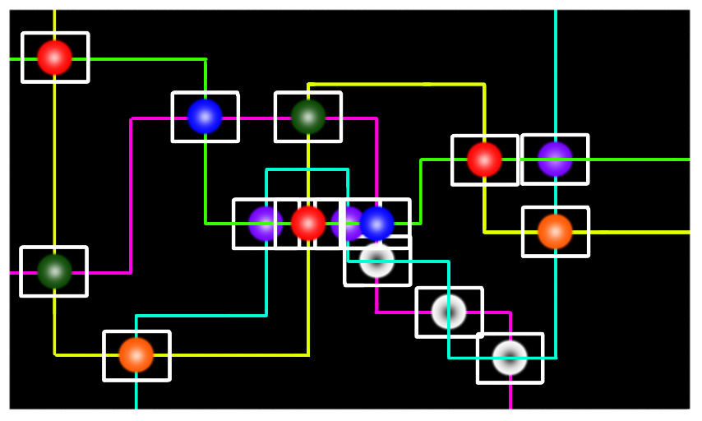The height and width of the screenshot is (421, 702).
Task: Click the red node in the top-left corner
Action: pos(54,58)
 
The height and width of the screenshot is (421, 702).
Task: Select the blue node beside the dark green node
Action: pos(205,117)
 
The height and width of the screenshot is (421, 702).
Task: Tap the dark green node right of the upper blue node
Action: pos(308,117)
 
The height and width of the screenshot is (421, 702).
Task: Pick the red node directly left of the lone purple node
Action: pos(484,160)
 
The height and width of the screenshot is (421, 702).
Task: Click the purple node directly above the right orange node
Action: pos(555,160)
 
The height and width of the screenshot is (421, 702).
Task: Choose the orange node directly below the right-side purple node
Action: pos(555,232)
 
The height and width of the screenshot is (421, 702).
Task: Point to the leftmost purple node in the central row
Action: pos(265,224)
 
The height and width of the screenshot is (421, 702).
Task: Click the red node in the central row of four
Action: pos(308,224)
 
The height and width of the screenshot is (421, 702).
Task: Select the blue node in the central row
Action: pos(377,224)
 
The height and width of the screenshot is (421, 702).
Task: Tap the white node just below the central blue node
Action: pos(377,261)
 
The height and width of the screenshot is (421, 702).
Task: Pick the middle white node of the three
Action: pos(449,312)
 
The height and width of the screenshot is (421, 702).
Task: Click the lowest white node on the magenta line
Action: pos(510,358)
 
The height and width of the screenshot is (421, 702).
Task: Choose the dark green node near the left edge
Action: pos(54,271)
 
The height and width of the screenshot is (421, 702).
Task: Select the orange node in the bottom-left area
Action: pos(136,355)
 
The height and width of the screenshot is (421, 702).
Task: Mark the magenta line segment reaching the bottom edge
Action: pos(510,398)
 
